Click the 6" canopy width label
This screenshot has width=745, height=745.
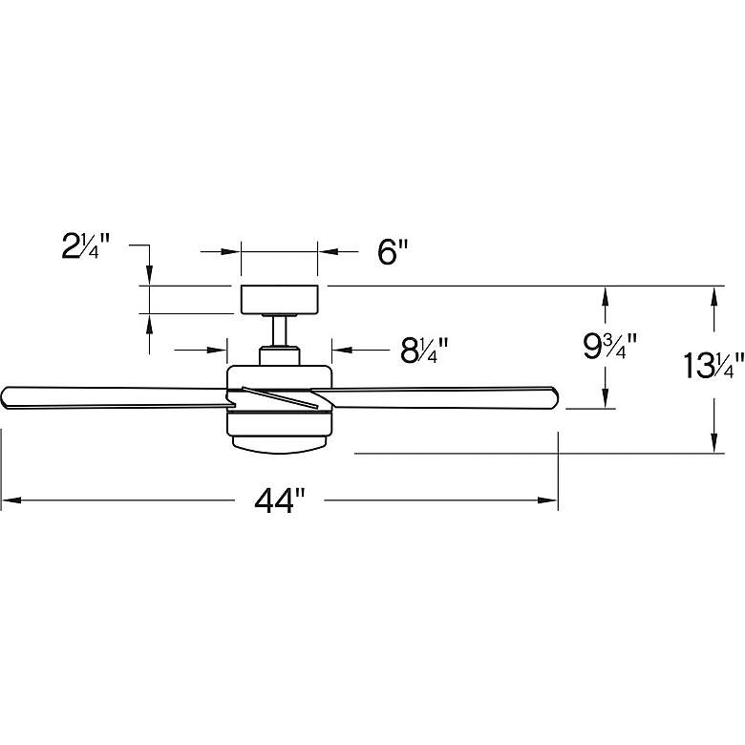click(x=393, y=252)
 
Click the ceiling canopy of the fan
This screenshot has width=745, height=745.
click(x=279, y=299)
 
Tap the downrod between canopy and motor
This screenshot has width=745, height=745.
click(x=279, y=331)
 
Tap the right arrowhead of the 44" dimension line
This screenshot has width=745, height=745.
click(x=550, y=500)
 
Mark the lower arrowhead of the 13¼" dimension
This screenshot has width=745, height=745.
click(x=712, y=444)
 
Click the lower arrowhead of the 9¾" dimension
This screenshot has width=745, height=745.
click(x=604, y=400)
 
